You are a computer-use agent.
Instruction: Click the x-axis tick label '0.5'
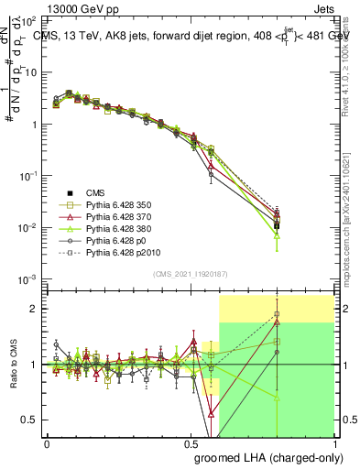pyautogui.click(x=190, y=443)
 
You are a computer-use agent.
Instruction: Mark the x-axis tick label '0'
pyautogui.click(x=47, y=443)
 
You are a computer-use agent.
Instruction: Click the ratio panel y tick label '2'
pyautogui.click(x=36, y=309)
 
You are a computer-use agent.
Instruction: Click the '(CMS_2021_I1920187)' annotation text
pyautogui.click(x=190, y=274)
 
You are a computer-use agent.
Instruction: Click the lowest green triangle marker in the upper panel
pyautogui.click(x=277, y=235)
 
